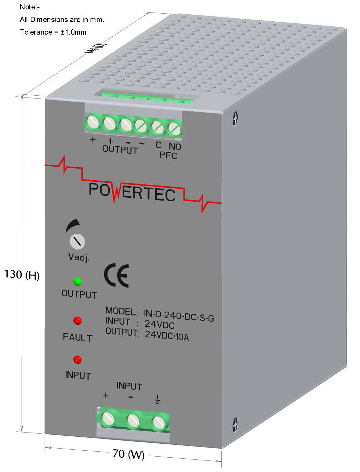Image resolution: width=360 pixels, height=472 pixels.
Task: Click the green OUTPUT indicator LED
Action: pos(77,281)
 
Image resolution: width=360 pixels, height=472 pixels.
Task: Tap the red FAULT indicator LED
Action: pos(77,320)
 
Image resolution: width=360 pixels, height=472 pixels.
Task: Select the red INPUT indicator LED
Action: pos(77,359)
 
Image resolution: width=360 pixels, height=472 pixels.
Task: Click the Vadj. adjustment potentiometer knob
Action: pos(77,241)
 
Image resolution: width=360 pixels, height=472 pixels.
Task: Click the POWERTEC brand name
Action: pos(132,193)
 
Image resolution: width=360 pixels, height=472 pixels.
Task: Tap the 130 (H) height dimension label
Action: pos(22,275)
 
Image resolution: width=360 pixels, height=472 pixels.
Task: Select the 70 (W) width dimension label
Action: pos(129,454)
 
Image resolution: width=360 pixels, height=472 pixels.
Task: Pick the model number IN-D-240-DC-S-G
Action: pos(179,317)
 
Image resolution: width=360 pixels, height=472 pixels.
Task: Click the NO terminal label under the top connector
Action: pos(175,146)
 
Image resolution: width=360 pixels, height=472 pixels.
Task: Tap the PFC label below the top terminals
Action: pos(168,155)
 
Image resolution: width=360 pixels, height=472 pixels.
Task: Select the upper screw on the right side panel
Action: pos(235,118)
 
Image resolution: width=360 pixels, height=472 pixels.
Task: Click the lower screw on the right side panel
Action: pos(235,425)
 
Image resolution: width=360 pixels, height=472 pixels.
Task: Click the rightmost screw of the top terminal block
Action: pos(174,129)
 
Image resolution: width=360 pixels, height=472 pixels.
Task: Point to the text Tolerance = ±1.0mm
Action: pos(53,32)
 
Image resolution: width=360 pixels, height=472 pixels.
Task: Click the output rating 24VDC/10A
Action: pos(167,335)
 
